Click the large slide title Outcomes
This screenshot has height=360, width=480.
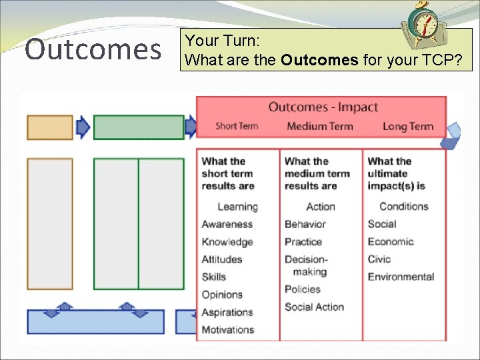93,49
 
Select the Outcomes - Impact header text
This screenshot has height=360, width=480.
323,107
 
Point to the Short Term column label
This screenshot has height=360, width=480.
237,127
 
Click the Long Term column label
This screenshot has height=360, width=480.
408,127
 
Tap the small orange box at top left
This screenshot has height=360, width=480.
50,127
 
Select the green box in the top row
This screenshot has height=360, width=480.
139,127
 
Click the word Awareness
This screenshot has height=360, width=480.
227,225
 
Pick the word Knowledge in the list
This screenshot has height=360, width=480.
227,242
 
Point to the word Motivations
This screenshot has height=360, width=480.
228,329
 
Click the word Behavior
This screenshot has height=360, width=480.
305,225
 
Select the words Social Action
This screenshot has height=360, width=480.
314,307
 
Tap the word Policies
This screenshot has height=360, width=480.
303,289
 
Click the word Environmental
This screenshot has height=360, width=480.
401,277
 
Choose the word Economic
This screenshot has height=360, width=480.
391,242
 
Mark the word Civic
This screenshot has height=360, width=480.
379,259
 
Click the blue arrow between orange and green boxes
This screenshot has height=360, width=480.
83,127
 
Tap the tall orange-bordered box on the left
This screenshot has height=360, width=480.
50,223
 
